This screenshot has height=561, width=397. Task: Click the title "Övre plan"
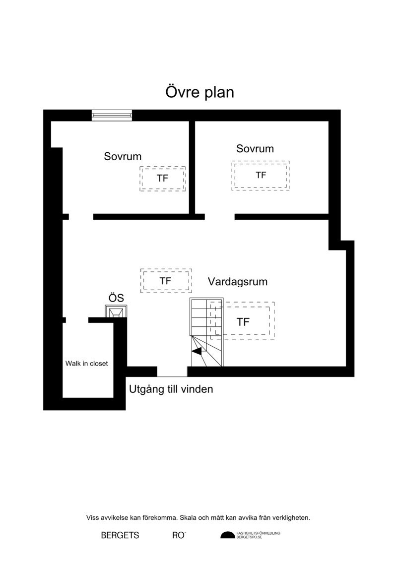tap(200, 92)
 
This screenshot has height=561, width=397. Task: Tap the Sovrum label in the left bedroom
tap(123, 156)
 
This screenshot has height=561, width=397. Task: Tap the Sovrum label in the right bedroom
tap(255, 148)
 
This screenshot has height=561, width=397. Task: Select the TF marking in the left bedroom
tap(163, 178)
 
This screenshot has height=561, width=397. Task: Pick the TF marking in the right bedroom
tap(261, 175)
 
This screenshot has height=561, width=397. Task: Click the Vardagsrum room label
tap(238, 282)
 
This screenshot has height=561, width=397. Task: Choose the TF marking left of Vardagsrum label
tap(165, 281)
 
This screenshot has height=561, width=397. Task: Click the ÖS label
tap(116, 298)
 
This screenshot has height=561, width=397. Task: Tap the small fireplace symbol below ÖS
tap(116, 312)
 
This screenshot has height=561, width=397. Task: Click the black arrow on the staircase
tap(197, 352)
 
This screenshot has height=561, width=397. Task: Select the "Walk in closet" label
tap(87, 364)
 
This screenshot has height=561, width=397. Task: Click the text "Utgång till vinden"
tap(171, 389)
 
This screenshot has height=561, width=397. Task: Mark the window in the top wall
tap(112, 115)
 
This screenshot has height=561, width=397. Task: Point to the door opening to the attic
tap(172, 372)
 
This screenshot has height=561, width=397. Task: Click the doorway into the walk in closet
tap(77, 320)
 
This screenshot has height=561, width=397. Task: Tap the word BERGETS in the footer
tap(120, 535)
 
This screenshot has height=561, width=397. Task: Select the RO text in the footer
tap(179, 535)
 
